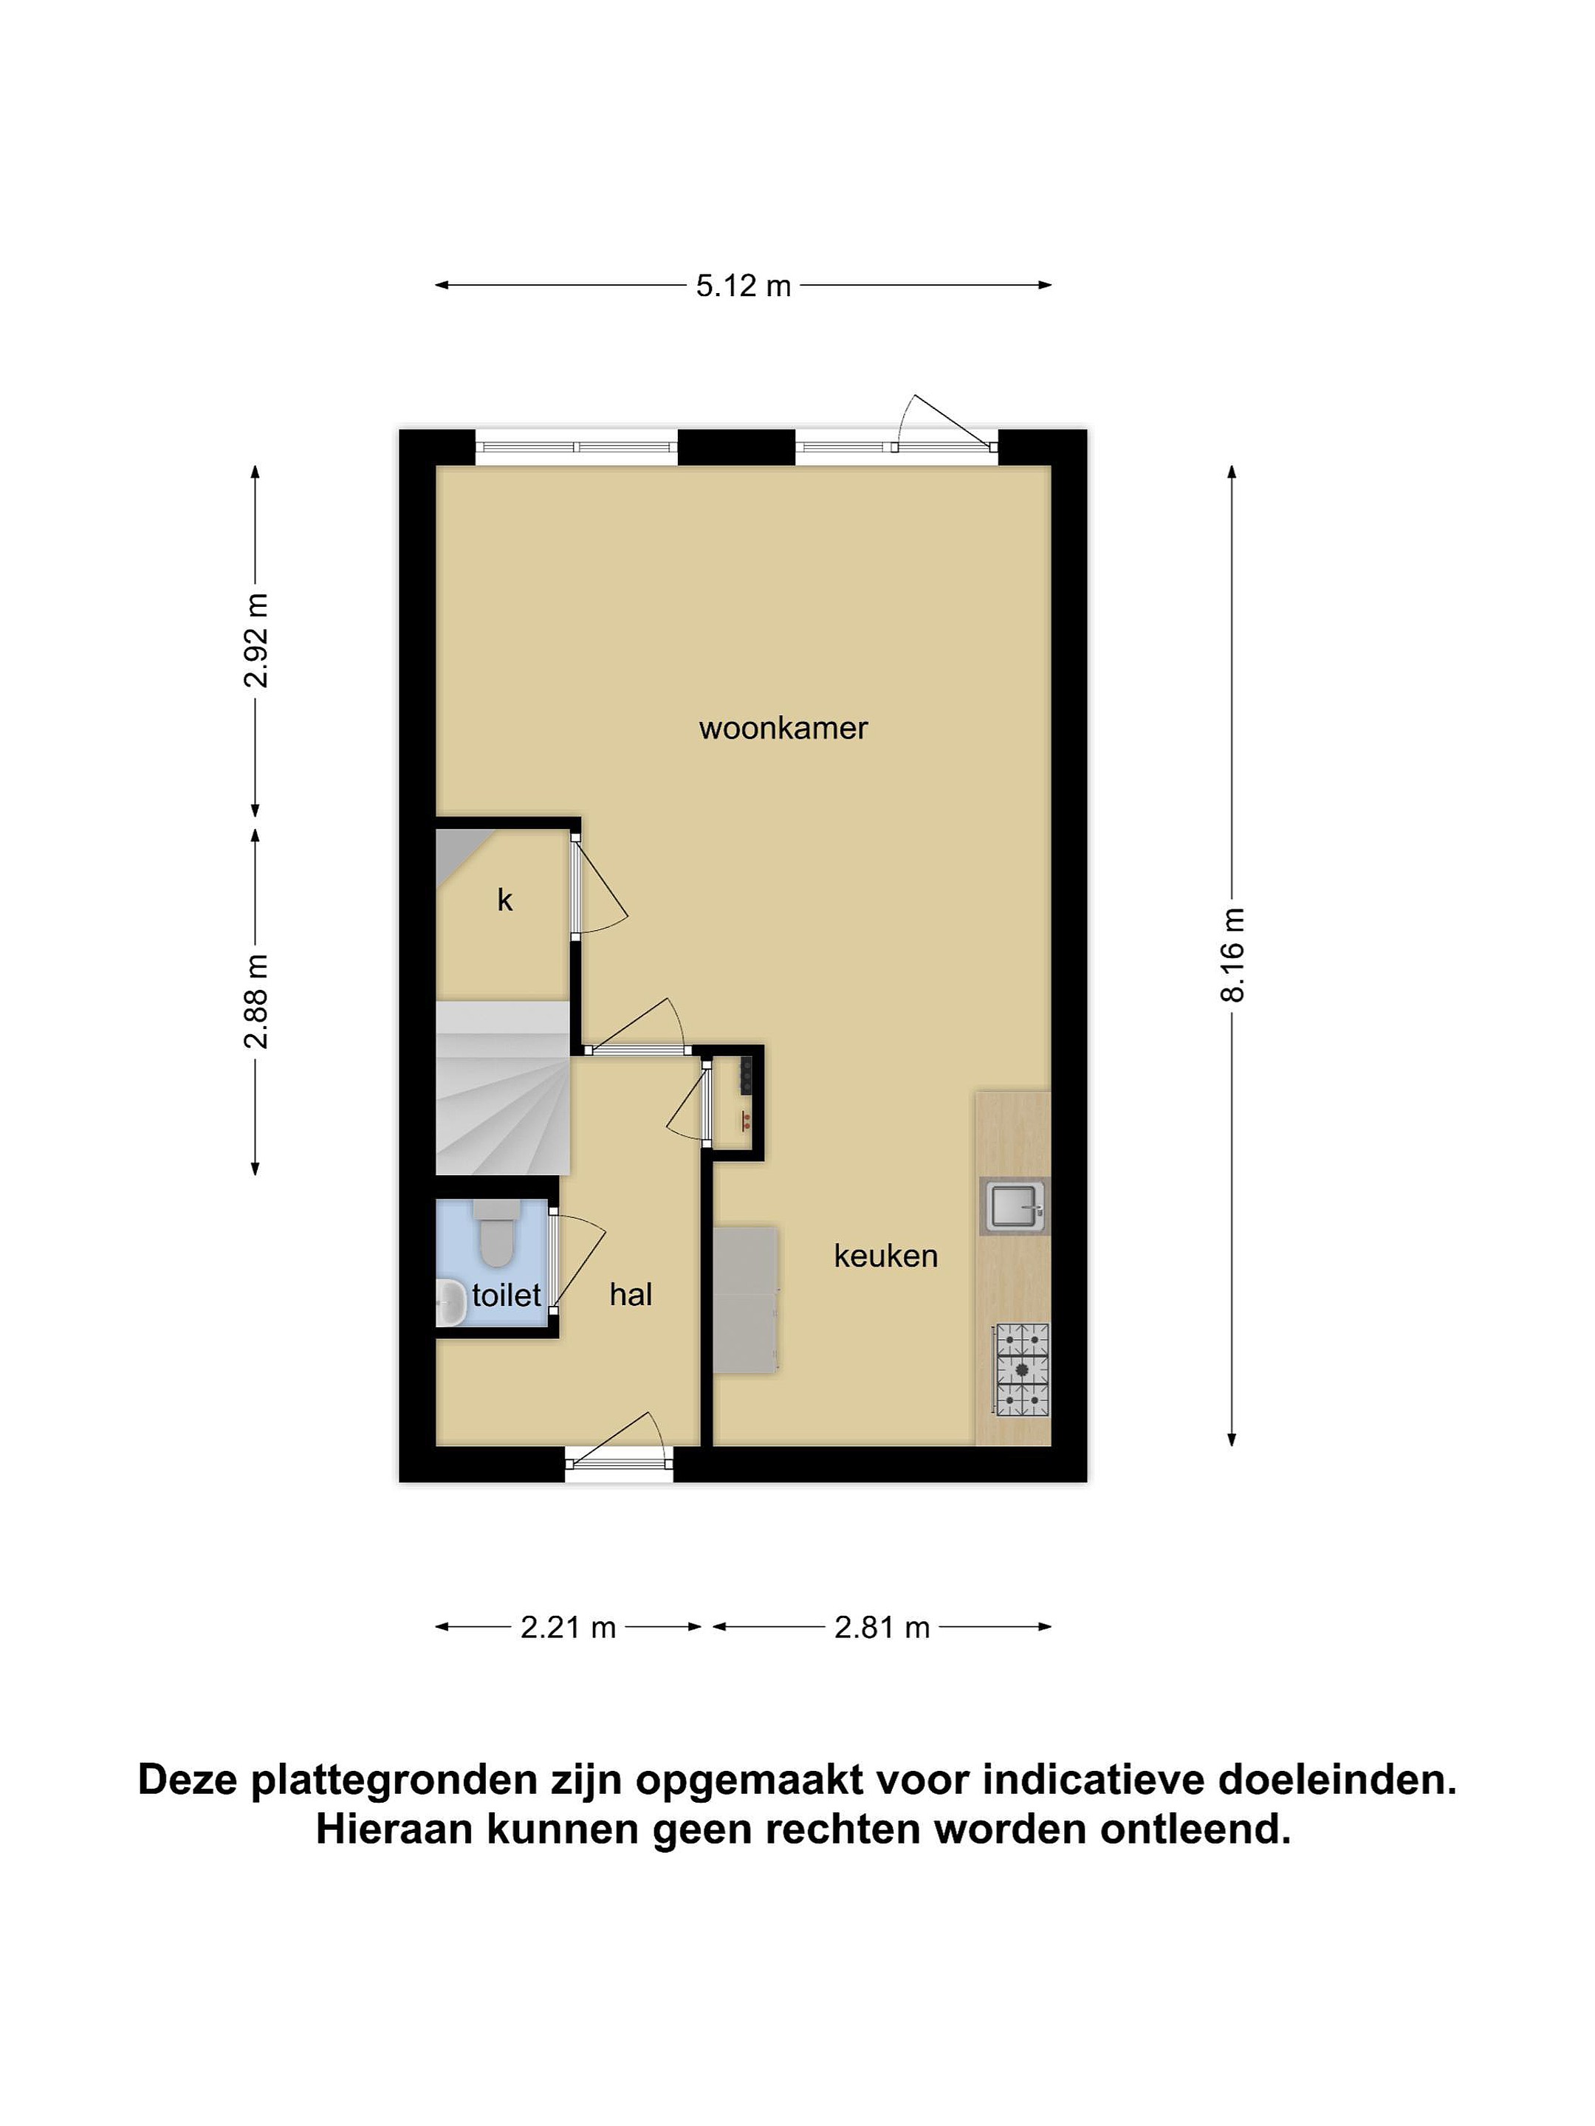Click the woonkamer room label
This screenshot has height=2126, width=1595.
pos(783,728)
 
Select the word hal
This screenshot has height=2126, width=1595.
pos(631,1295)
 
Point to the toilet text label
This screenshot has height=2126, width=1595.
pos(507,1296)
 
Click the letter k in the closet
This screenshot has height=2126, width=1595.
pos(505,900)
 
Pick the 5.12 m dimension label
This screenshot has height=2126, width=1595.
pos(743,286)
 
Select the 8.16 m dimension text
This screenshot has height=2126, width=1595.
pos(1232,954)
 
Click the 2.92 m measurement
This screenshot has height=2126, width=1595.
pos(255,640)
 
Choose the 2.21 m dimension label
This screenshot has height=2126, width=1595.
pos(568,1627)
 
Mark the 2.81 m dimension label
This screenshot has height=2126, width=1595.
pos(882,1627)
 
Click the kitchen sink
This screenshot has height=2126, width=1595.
pos(1015,1205)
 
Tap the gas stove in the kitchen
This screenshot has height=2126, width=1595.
pos(1022,1369)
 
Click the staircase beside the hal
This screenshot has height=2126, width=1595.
pos(503,1087)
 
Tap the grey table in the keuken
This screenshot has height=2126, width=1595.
pos(745,1298)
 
